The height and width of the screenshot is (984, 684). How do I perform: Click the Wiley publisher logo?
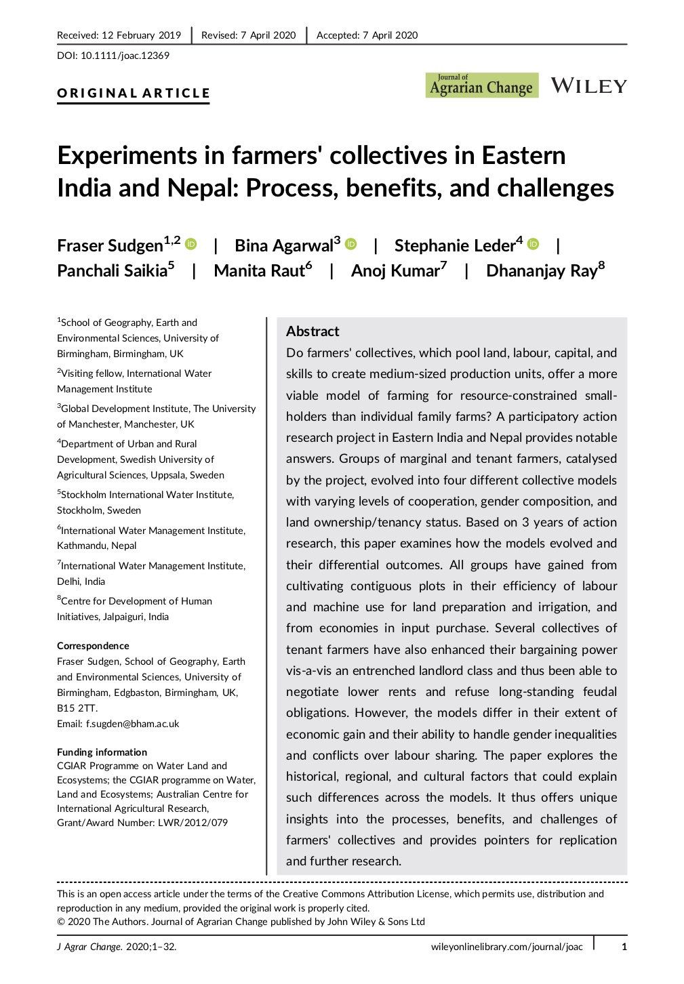[x=588, y=86]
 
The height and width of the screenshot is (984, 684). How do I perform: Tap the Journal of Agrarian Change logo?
[x=481, y=86]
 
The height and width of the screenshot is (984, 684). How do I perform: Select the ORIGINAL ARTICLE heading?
[x=134, y=94]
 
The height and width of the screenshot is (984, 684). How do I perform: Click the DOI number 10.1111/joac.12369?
[x=125, y=56]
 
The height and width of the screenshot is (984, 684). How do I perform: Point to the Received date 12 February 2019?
[x=141, y=35]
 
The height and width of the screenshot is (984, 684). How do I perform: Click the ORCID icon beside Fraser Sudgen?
[x=191, y=244]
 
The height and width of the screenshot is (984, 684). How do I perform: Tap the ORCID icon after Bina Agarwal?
[x=351, y=244]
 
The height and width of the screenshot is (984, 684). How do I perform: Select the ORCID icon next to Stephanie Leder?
[x=534, y=244]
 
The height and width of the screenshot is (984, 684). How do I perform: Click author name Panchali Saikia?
[x=113, y=271]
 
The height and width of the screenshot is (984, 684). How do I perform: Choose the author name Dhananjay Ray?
[x=542, y=271]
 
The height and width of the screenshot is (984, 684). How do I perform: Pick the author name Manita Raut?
[x=260, y=271]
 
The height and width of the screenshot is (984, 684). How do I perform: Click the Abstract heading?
[x=313, y=331]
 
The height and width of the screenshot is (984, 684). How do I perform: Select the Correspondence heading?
[x=93, y=646]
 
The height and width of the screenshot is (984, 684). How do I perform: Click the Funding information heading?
[x=102, y=752]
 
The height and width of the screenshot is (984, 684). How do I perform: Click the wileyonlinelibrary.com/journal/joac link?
[x=506, y=947]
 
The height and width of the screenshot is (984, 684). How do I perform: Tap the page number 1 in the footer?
[x=624, y=947]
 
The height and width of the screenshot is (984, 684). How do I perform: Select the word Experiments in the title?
[x=130, y=157]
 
